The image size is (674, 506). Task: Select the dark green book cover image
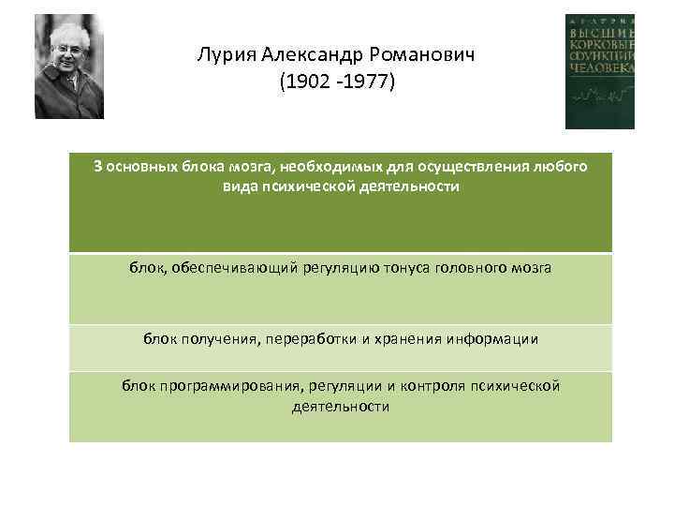[599, 71]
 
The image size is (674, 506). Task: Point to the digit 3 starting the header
[98, 168]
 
